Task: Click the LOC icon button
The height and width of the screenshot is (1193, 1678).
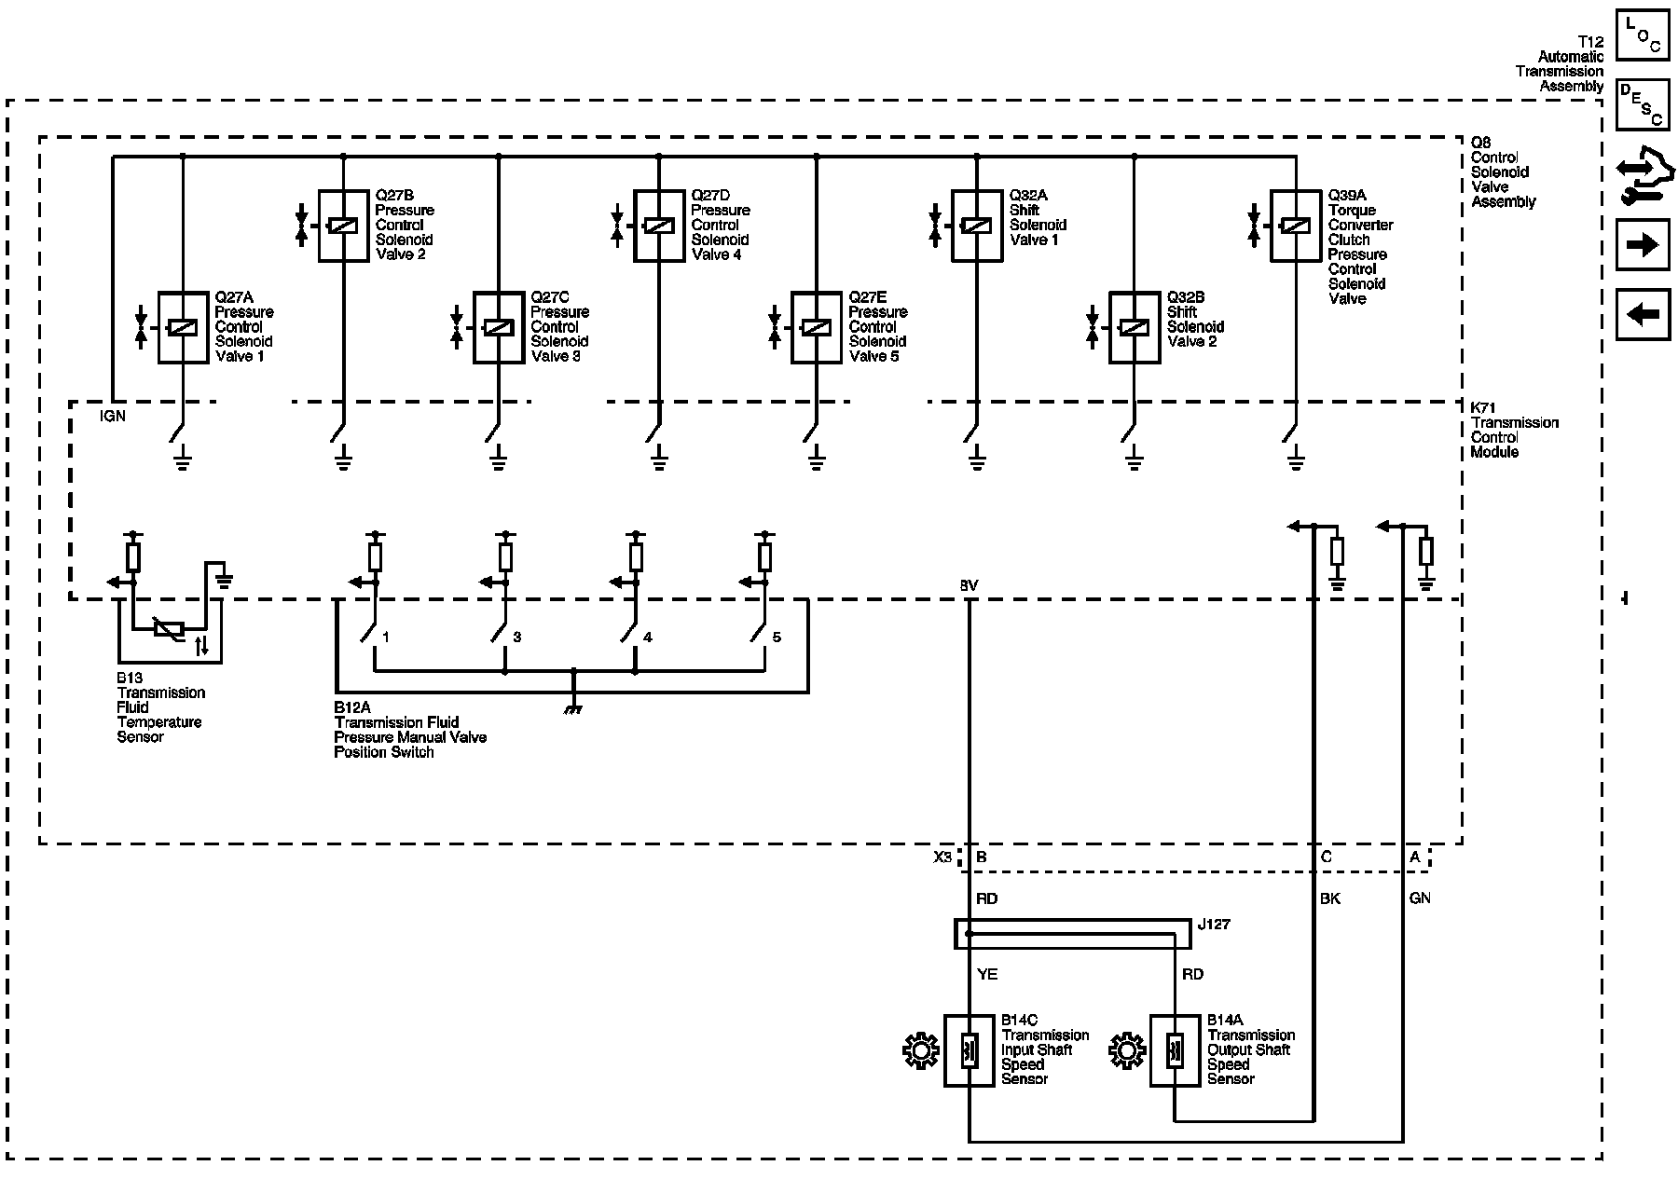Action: pyautogui.click(x=1642, y=34)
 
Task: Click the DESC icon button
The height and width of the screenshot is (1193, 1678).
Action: pyautogui.click(x=1642, y=103)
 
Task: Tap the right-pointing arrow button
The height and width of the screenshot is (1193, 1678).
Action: pyautogui.click(x=1642, y=245)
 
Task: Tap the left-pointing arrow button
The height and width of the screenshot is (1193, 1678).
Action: pyautogui.click(x=1642, y=314)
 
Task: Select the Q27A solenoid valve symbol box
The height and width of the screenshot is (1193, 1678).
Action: pyautogui.click(x=182, y=327)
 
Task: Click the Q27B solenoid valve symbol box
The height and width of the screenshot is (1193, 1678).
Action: pyautogui.click(x=343, y=226)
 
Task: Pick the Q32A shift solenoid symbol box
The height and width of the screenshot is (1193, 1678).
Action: pyautogui.click(x=976, y=226)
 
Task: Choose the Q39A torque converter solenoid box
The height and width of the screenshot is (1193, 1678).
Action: pyautogui.click(x=1295, y=226)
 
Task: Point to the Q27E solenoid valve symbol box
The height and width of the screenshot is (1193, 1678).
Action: pyautogui.click(x=816, y=327)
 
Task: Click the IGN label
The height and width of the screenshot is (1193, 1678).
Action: pyautogui.click(x=112, y=417)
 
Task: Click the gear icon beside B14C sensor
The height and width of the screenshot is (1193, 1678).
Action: pyautogui.click(x=921, y=1051)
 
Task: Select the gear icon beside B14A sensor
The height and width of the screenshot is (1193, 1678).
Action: pyautogui.click(x=1127, y=1051)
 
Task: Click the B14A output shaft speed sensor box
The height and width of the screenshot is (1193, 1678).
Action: pyautogui.click(x=1175, y=1050)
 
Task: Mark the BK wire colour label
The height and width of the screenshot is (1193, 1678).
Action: pyautogui.click(x=1329, y=899)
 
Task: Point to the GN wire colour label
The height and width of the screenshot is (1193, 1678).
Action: pyautogui.click(x=1420, y=898)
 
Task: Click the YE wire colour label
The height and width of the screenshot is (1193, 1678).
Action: pyautogui.click(x=987, y=974)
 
